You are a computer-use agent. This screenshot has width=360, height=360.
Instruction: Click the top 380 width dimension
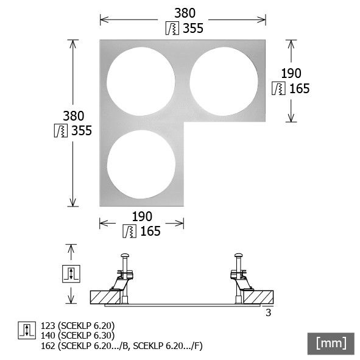pos(183,13)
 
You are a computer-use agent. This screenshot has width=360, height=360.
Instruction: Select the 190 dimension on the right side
pos(291,73)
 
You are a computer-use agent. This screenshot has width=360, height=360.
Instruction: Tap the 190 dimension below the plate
pos(141,216)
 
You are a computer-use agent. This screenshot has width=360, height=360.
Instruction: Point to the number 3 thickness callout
pos(268,313)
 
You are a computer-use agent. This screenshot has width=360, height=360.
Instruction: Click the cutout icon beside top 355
pos(172,28)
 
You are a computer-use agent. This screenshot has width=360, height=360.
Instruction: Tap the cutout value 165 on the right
pos(298,88)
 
